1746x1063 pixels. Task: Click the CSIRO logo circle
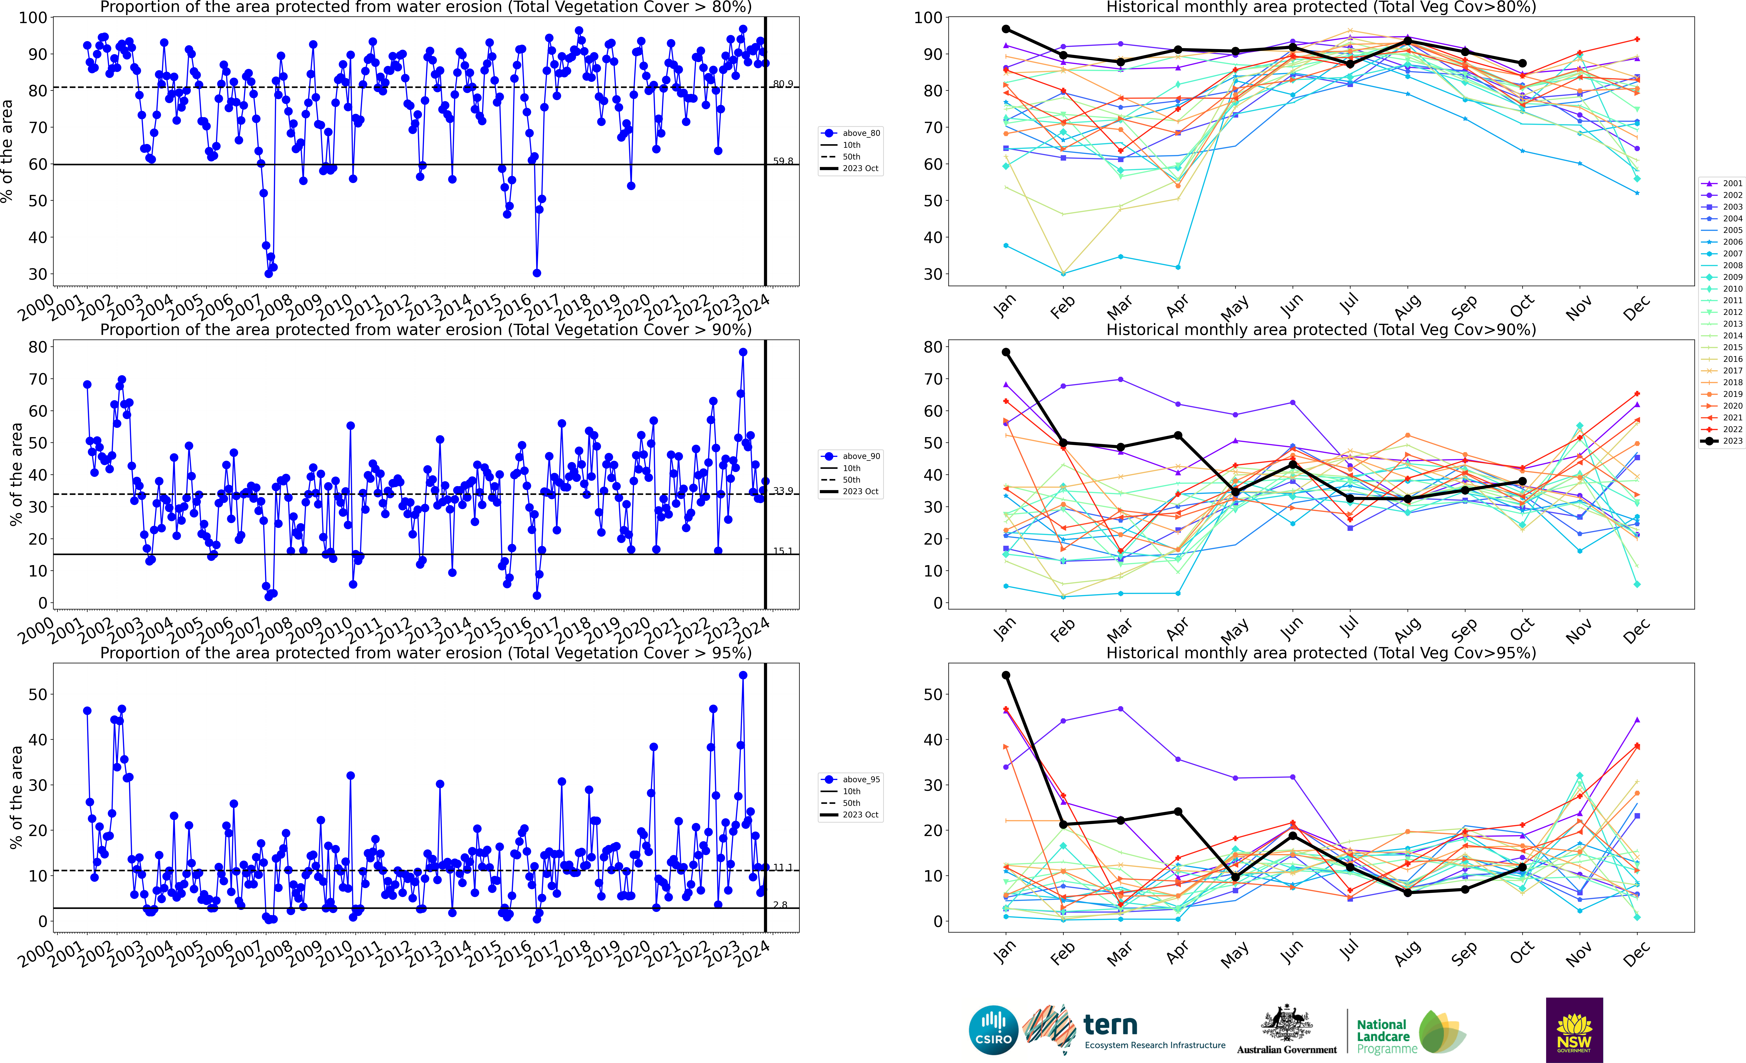[x=993, y=1030]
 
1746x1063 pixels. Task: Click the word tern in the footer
[x=1110, y=1025]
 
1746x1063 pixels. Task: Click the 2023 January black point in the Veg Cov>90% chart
[x=1006, y=352]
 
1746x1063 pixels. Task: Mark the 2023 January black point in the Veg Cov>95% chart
[x=1006, y=675]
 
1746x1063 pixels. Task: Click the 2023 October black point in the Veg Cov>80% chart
[x=1522, y=63]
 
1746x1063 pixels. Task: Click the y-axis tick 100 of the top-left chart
[x=33, y=18]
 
